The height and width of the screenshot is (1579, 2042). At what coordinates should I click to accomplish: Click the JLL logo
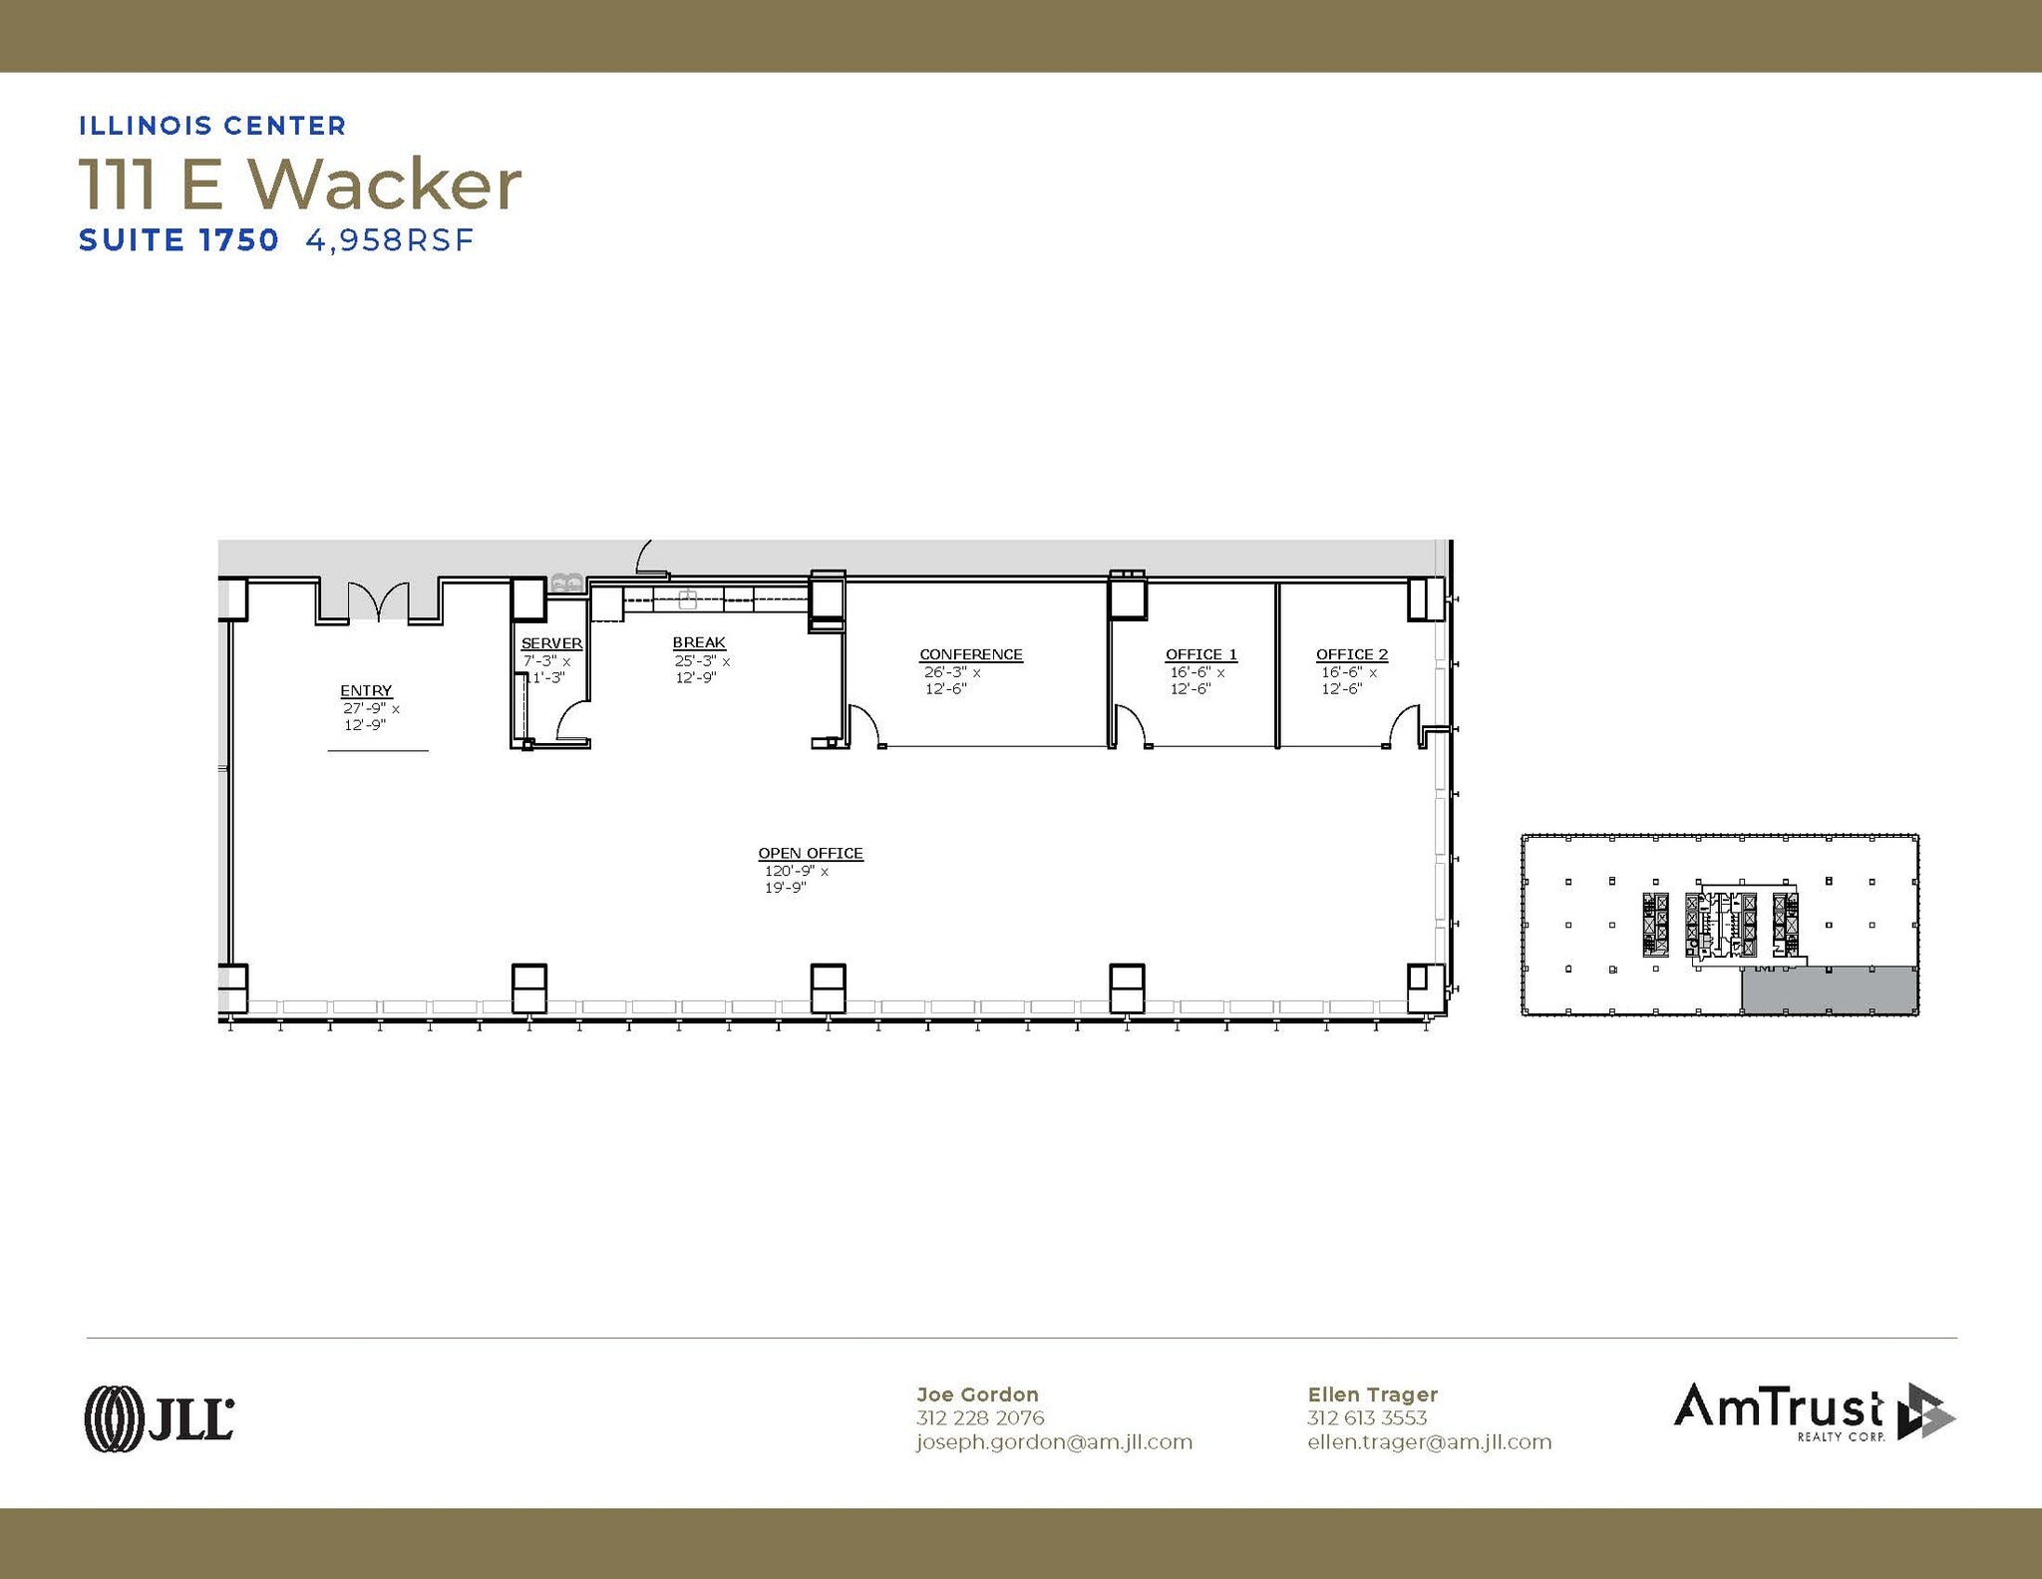tap(160, 1417)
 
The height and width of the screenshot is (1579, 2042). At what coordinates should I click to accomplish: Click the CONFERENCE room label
tap(970, 654)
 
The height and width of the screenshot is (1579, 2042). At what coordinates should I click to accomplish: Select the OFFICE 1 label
tap(1200, 654)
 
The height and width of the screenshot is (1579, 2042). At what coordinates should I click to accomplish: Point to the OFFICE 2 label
tap(1351, 654)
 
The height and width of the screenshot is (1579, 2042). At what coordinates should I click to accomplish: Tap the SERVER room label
tap(551, 643)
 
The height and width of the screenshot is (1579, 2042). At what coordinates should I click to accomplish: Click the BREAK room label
tap(698, 642)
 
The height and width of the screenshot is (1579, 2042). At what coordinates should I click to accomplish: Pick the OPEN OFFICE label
tap(810, 853)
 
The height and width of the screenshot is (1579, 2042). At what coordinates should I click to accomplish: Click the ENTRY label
tap(366, 690)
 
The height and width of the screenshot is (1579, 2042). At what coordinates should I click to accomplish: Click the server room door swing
tap(571, 721)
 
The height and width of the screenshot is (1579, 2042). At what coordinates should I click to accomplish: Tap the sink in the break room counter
tap(687, 599)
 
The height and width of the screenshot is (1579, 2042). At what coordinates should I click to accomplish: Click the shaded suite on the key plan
tap(1829, 989)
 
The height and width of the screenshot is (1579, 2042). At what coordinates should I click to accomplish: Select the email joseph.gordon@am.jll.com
tap(1054, 1442)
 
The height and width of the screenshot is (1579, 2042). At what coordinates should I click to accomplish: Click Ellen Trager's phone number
tap(1366, 1417)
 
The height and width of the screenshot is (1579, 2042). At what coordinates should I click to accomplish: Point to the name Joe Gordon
tap(977, 1394)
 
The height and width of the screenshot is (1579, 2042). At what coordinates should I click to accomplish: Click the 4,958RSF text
tap(389, 240)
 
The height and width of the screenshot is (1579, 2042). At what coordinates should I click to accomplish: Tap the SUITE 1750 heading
tap(178, 240)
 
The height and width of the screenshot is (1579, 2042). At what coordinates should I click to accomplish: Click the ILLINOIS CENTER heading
tap(212, 126)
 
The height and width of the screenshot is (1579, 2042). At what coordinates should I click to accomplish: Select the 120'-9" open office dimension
tap(790, 871)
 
